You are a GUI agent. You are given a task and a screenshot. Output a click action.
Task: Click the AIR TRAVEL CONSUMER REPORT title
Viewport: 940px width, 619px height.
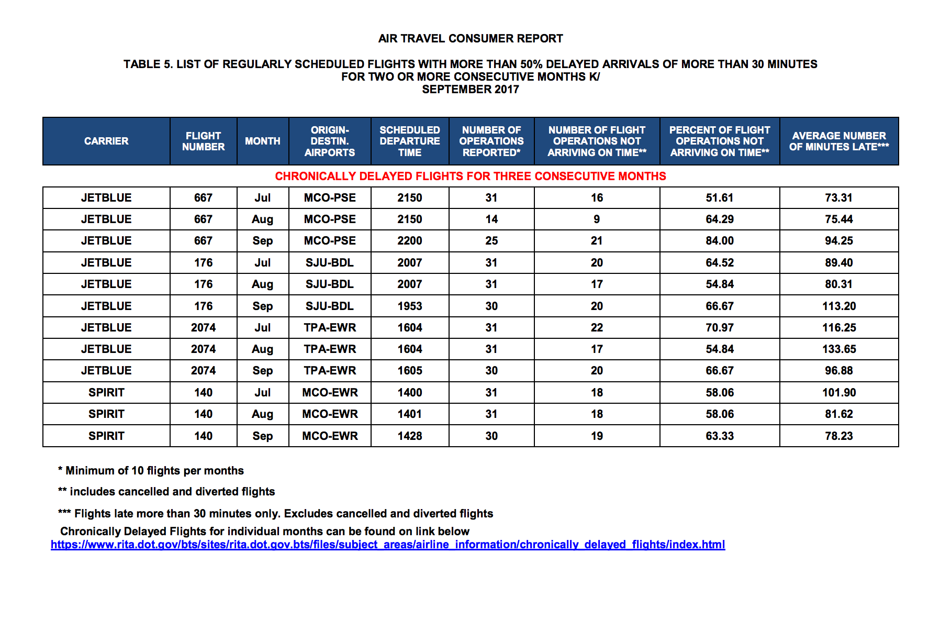470,38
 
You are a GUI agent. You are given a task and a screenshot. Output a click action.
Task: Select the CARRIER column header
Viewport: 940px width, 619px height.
106,141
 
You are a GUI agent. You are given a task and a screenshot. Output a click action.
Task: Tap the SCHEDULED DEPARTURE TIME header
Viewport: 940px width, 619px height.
409,141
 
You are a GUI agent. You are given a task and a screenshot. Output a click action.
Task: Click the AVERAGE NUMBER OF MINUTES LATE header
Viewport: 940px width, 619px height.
838,141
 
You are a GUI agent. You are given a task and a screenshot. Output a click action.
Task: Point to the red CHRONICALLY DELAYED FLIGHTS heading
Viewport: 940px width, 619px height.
470,176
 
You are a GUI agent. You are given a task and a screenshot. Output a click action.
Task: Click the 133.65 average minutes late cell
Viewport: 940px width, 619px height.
838,349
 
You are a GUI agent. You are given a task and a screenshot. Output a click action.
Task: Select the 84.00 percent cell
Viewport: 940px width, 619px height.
719,240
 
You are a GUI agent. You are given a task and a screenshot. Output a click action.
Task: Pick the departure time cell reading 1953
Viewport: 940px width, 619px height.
409,306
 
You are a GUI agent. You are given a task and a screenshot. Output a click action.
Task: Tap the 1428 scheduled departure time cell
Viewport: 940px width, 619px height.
409,436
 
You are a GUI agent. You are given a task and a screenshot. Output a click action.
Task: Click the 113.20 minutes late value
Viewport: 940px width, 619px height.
838,306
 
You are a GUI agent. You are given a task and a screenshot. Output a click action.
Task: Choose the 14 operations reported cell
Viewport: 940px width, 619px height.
491,219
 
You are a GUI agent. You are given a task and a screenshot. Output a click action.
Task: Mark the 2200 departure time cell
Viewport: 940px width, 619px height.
409,240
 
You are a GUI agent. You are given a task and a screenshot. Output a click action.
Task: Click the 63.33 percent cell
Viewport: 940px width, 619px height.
719,436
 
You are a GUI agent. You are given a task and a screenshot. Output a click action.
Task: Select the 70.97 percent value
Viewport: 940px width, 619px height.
719,327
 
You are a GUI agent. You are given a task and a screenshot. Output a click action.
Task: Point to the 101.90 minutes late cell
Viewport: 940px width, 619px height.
838,392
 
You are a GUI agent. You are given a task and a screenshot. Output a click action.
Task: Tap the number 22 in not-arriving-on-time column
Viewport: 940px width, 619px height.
597,327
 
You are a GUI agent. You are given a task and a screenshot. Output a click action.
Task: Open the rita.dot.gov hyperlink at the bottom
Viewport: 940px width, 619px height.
387,545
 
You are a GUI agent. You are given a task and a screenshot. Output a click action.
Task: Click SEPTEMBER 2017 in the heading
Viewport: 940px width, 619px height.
470,89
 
